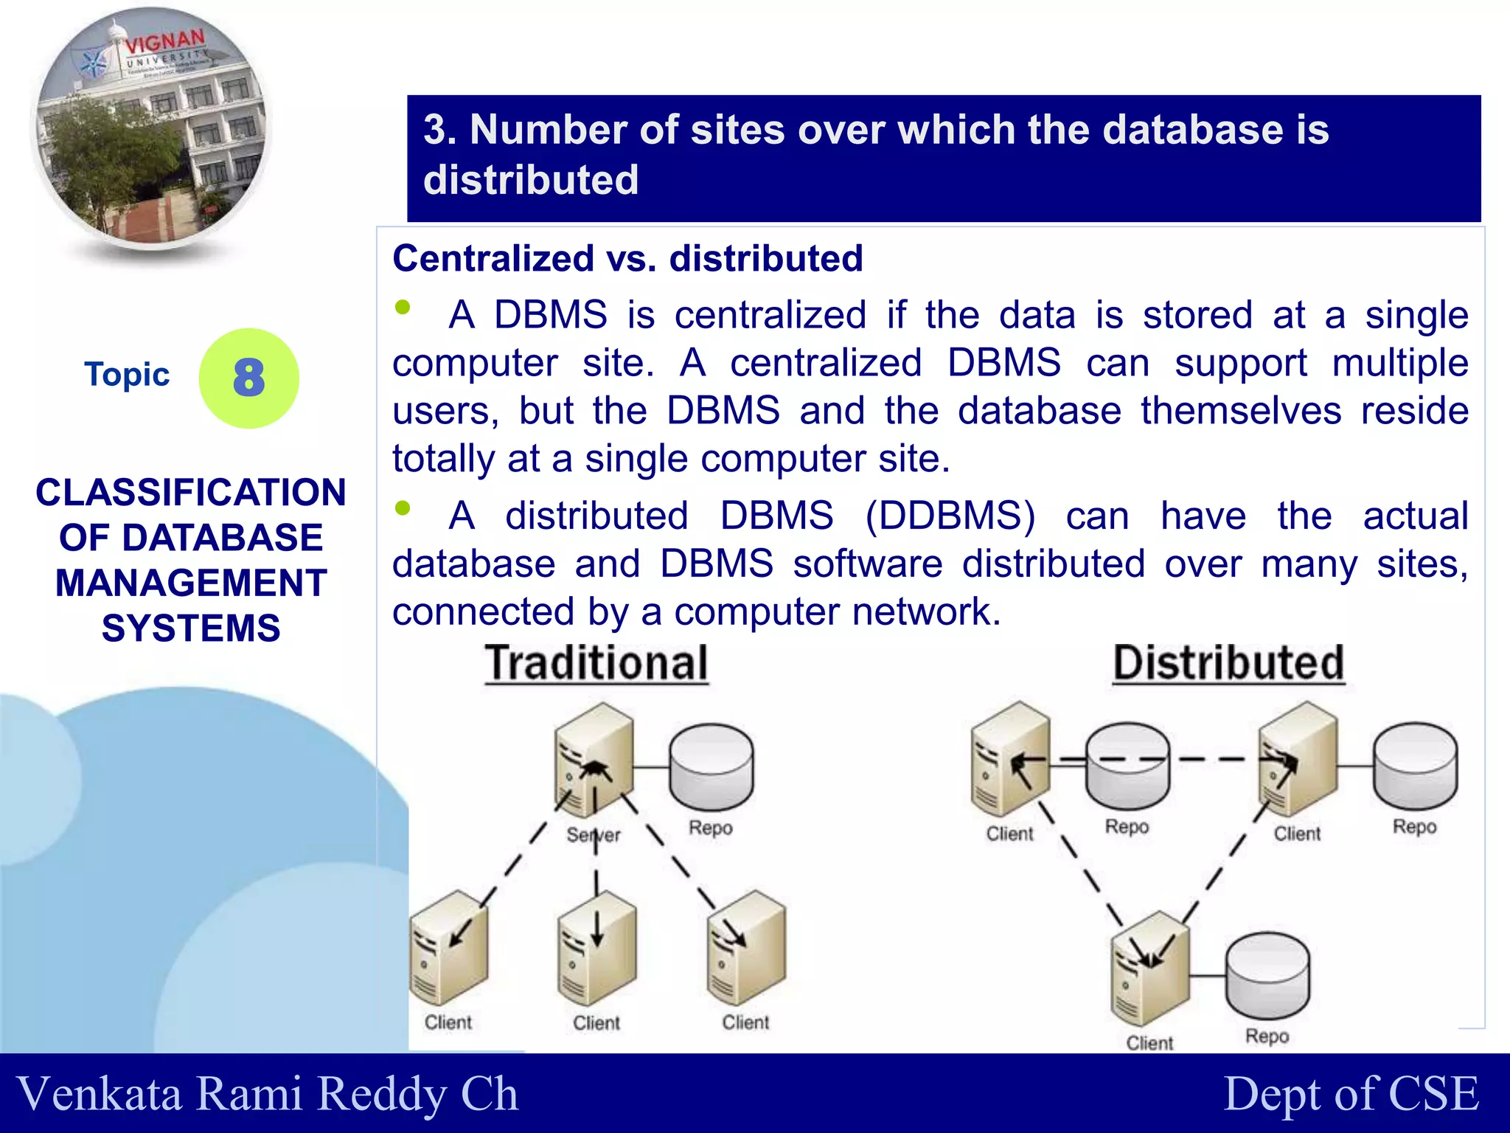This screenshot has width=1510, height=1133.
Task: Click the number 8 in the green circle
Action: coord(248,378)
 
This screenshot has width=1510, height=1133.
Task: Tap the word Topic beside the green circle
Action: coord(127,374)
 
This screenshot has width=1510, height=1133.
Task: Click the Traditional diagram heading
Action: coord(596,662)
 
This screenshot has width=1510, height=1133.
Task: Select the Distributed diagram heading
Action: coord(1228,662)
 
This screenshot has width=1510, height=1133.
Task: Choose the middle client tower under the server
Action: coord(597,948)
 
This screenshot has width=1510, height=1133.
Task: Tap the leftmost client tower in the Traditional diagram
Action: coord(448,948)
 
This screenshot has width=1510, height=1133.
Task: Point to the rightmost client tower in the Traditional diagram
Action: coord(746,948)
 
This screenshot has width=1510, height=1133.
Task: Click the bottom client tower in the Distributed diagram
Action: coord(1149,968)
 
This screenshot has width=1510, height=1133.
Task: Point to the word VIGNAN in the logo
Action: coord(164,43)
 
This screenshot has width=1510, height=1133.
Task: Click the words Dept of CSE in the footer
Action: coord(1351,1093)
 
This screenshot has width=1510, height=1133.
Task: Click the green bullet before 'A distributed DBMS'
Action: coord(403,507)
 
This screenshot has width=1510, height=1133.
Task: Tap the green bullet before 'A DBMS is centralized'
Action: coord(403,307)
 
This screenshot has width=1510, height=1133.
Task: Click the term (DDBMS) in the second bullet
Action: coord(950,516)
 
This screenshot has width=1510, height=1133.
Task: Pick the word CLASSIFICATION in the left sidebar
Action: coord(191,492)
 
